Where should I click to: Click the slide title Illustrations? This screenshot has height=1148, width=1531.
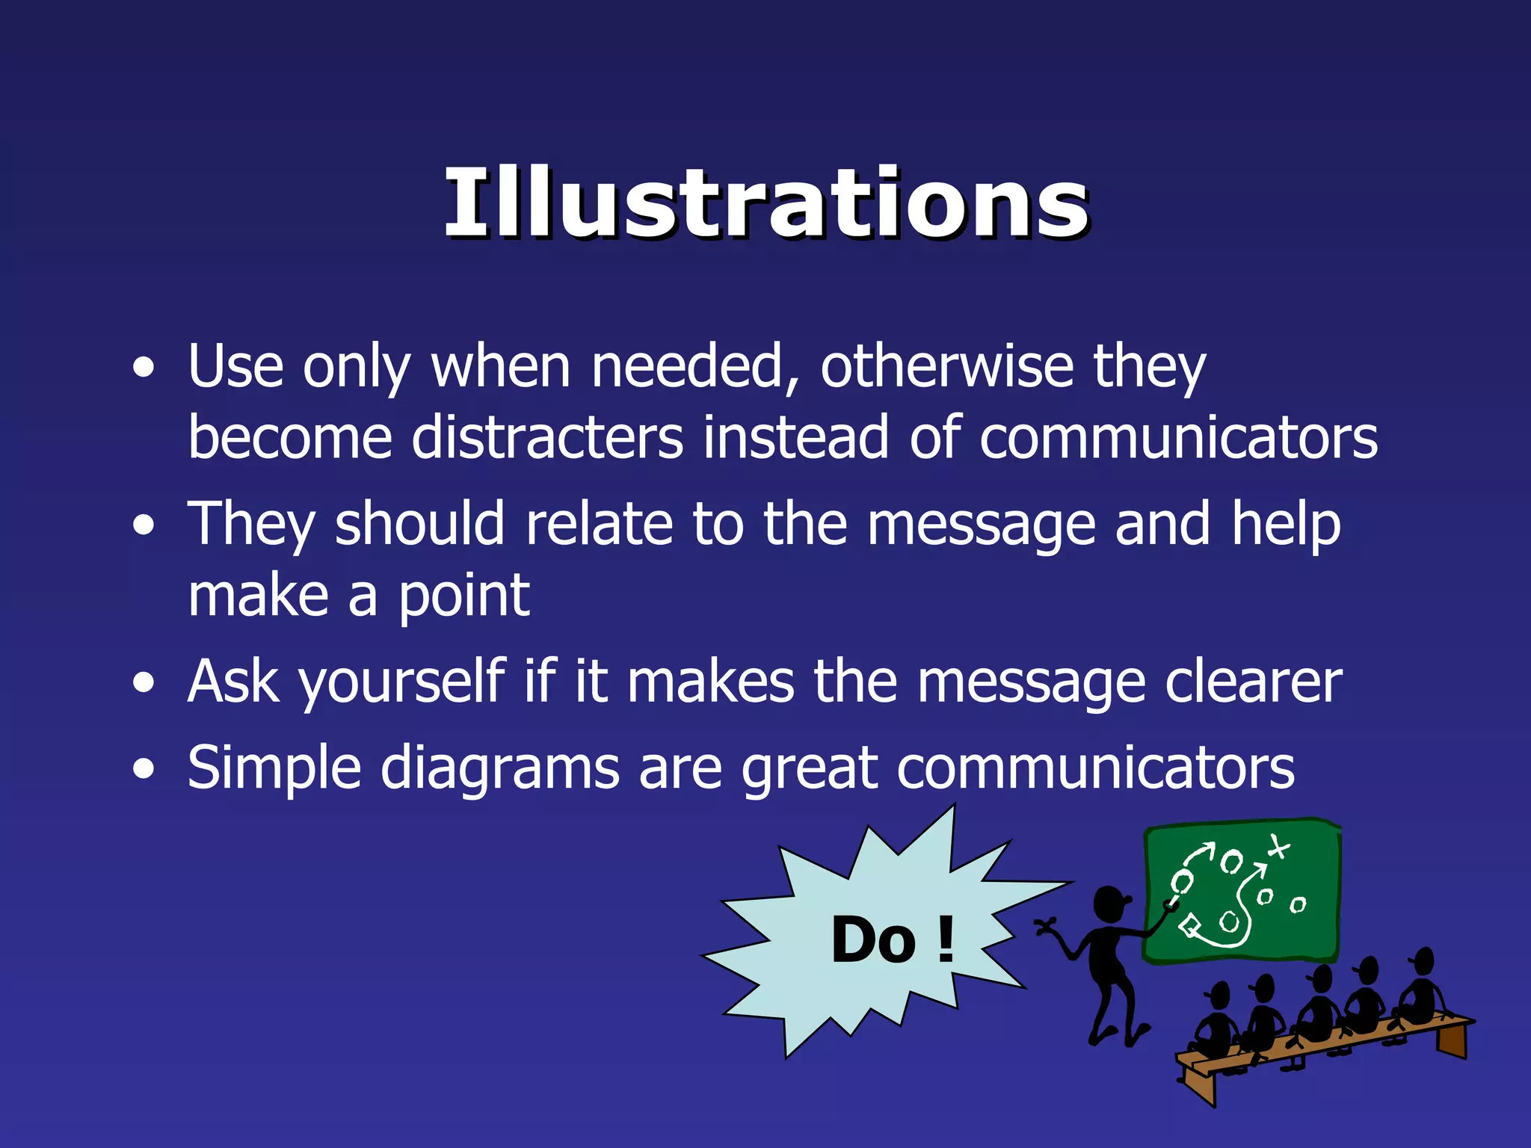point(765,203)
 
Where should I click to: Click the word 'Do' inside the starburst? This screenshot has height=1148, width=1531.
point(873,939)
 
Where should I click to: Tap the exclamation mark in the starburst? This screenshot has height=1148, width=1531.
point(946,939)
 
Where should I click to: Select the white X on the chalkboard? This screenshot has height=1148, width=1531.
point(1278,848)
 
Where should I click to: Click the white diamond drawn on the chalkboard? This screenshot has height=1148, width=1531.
point(1189,928)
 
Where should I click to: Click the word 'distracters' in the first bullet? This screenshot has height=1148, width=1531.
point(547,437)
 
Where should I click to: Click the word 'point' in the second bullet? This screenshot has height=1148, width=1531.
point(463,596)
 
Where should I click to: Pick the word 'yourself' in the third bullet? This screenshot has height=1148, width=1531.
point(401,682)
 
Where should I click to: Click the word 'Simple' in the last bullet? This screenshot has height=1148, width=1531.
point(274,768)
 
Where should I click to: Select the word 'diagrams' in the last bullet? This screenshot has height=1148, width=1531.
point(499,768)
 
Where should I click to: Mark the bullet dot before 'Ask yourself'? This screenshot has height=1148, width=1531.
point(144,682)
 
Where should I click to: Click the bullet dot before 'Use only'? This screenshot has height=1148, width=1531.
point(144,367)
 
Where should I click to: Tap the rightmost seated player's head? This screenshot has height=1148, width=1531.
point(1423,959)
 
